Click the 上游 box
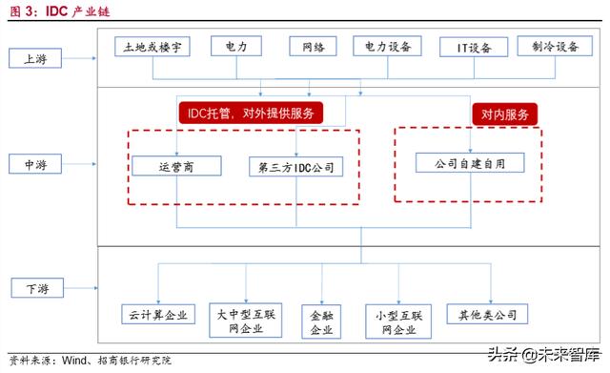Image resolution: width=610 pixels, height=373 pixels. pos(35,58)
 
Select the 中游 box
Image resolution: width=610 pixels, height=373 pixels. pos(35,164)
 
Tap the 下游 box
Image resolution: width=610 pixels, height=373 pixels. pos(37,288)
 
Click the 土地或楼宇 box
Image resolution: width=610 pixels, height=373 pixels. pos(152,47)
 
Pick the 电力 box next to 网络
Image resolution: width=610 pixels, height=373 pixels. pos(236,46)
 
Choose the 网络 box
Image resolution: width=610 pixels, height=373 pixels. pos(313,47)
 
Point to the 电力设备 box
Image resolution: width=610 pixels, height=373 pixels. pos(387,47)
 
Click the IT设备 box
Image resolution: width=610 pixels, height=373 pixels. pos(474,47)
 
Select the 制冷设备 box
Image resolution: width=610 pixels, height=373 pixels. pos(555,46)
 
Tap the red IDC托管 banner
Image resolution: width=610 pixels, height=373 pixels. pos(251,113)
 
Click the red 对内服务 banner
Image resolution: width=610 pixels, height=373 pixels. pos(504,114)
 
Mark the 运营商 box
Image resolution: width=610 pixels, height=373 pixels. pos(176,166)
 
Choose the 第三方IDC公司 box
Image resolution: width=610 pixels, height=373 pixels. pos(296,167)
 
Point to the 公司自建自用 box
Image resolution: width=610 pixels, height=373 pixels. pos(470,163)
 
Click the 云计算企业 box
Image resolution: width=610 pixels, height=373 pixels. pos(158,314)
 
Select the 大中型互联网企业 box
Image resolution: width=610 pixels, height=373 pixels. pos(246,321)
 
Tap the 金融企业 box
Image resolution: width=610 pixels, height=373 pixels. pos(321,321)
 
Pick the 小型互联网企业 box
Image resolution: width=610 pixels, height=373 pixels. pos(398,321)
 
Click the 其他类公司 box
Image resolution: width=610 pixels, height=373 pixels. pos(487,314)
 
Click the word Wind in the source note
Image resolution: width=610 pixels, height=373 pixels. pos(74,361)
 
